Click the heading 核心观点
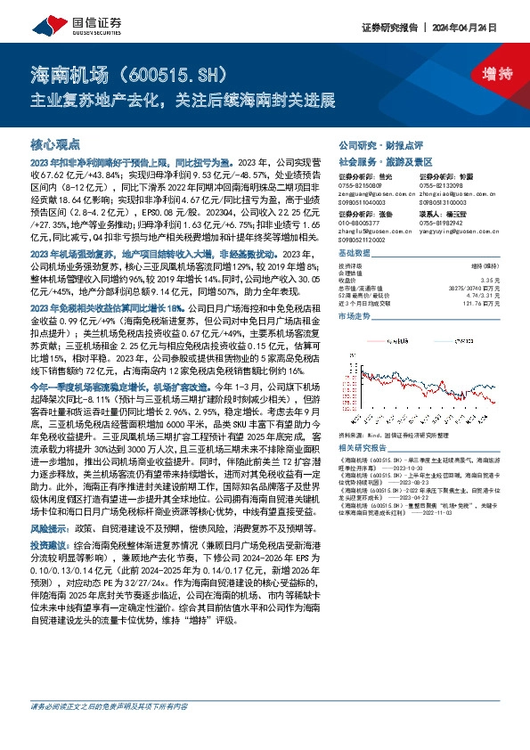point(56,143)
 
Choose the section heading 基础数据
point(356,252)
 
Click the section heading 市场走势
point(356,316)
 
